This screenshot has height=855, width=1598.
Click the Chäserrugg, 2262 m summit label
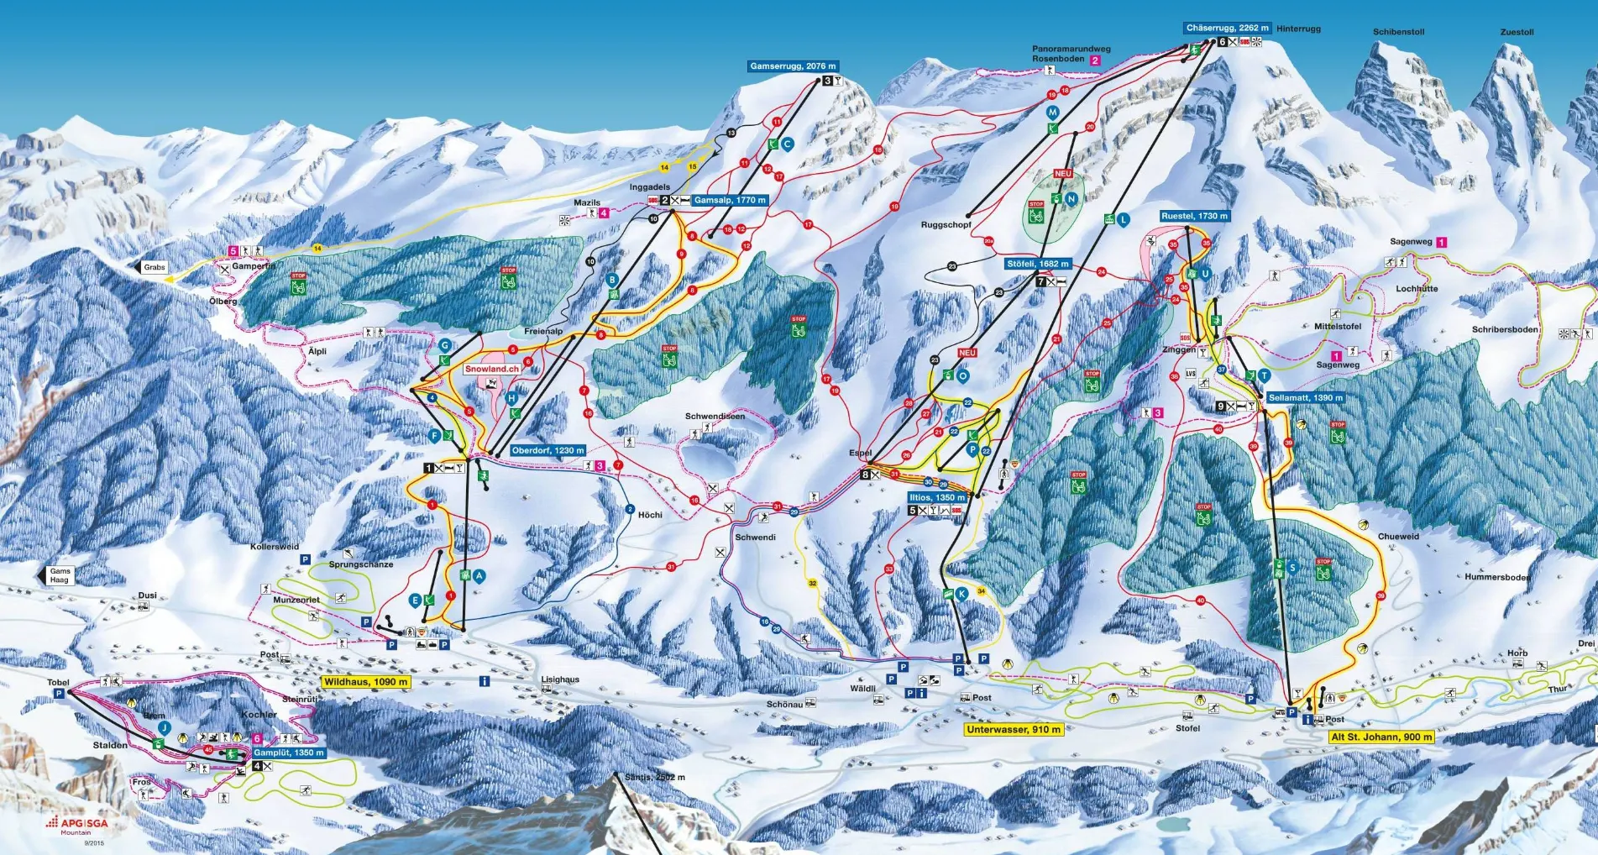1227,28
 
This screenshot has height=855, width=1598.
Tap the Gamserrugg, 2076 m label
793,66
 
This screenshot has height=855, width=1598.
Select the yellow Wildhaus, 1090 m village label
365,682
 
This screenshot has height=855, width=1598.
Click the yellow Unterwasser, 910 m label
1014,729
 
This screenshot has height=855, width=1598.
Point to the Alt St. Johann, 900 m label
1381,737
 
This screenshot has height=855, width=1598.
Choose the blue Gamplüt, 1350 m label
288,753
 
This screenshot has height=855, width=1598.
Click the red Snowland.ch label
492,369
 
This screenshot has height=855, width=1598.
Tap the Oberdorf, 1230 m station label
548,450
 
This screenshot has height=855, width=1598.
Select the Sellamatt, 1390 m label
1305,397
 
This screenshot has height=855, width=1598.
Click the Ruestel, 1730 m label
1194,216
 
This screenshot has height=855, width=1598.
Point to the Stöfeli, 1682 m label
1037,263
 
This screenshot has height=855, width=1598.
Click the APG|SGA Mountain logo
77,825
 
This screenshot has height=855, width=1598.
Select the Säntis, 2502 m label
654,777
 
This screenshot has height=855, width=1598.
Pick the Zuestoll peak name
1517,32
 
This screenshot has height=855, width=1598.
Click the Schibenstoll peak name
1398,32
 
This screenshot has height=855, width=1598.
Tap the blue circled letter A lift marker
479,575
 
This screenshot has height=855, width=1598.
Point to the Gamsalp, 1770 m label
729,200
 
